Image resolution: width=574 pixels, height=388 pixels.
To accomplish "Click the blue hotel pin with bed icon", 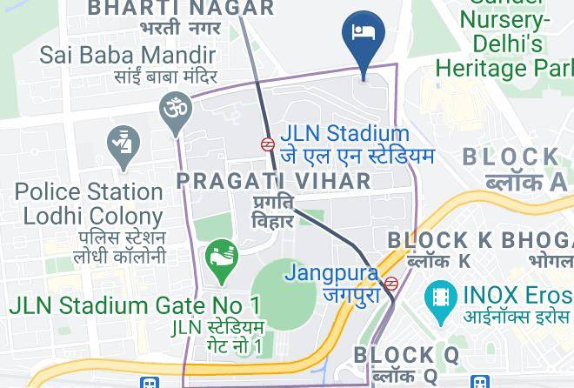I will coord(361,34).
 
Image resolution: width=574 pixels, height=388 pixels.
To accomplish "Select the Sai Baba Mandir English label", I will coord(128,56).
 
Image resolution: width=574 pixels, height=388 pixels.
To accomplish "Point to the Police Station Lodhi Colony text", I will coord(89,203).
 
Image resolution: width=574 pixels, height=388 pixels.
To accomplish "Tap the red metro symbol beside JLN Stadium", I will coord(269,144).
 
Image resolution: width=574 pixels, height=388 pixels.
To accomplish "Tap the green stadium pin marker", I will coord(221,258).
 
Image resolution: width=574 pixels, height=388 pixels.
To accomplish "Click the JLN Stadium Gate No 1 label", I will coord(135,305).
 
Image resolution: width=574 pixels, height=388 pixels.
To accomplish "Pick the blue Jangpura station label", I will coord(331,273).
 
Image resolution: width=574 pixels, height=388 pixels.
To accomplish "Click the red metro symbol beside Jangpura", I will coord(392,282).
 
